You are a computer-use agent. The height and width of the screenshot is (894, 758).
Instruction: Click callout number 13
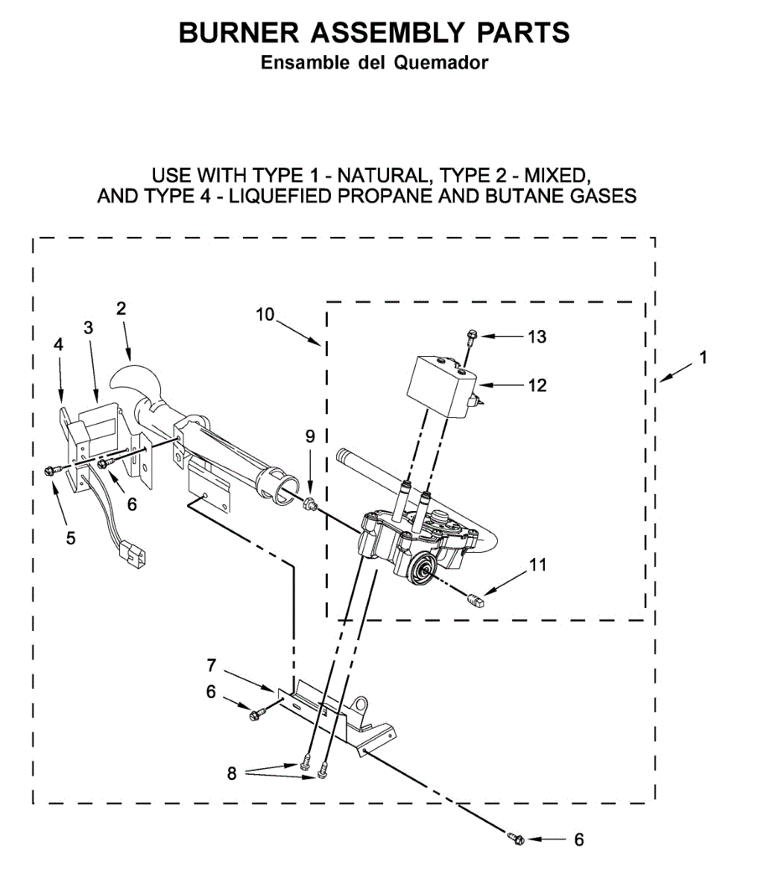[x=537, y=337]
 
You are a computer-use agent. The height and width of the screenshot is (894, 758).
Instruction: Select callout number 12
[x=537, y=385]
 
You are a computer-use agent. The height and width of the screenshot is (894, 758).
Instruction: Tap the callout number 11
[x=537, y=565]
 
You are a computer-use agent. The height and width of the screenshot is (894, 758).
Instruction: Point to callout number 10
[x=265, y=314]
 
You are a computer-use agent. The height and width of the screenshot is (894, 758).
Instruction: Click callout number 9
[x=310, y=436]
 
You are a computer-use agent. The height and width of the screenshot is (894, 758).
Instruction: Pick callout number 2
[x=121, y=308]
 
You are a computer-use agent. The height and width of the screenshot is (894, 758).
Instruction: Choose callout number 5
[x=70, y=537]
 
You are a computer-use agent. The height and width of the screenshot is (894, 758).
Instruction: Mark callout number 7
[x=211, y=665]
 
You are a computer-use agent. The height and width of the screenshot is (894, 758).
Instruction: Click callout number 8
[x=232, y=773]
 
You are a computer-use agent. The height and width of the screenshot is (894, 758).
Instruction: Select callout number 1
[x=702, y=358]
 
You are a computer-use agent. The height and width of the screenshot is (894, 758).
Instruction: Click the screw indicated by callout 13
[x=471, y=337]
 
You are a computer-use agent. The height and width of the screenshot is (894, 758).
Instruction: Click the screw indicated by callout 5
[x=53, y=470]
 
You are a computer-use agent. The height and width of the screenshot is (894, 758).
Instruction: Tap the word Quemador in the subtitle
[x=440, y=63]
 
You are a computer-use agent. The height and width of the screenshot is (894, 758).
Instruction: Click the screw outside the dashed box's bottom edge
[x=516, y=840]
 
